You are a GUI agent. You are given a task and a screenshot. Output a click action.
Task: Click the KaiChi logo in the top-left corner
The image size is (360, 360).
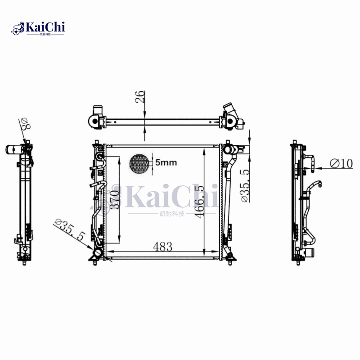coord(38,28)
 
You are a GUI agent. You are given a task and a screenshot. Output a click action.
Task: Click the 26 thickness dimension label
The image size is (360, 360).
coord(140,97)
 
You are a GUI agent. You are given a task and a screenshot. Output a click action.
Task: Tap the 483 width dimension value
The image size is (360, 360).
coord(162,246)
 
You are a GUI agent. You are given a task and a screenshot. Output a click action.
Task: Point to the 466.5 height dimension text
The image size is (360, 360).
coord(200,200)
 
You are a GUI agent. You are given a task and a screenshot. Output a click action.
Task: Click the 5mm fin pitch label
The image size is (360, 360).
coord(166,162)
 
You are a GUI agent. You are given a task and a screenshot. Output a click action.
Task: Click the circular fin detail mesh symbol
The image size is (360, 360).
coord(139,164)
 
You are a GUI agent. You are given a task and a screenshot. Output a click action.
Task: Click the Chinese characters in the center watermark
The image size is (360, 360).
coord(172,214)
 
